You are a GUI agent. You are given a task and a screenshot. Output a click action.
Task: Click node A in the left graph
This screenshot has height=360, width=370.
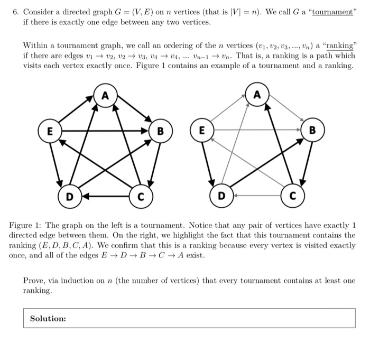[105, 96]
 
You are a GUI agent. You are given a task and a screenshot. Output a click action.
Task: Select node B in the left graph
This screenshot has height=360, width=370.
[160, 130]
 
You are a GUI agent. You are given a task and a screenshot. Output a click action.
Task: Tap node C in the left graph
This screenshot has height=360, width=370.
[140, 197]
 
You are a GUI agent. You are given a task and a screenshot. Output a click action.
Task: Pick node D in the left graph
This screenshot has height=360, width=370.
[69, 197]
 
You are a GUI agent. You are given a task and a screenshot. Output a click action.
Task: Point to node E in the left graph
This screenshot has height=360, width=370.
[49, 130]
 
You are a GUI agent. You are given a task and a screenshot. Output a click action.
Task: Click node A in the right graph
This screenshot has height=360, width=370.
[257, 96]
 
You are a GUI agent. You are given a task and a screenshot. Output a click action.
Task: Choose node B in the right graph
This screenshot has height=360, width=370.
[312, 130]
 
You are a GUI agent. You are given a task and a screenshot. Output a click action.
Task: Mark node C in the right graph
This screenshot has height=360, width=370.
[292, 197]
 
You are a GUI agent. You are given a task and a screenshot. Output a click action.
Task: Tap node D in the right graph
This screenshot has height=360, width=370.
[221, 197]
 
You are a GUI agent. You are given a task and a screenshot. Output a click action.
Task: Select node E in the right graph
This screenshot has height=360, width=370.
[201, 130]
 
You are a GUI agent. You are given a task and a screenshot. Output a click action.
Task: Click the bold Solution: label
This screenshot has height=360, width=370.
[48, 319]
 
